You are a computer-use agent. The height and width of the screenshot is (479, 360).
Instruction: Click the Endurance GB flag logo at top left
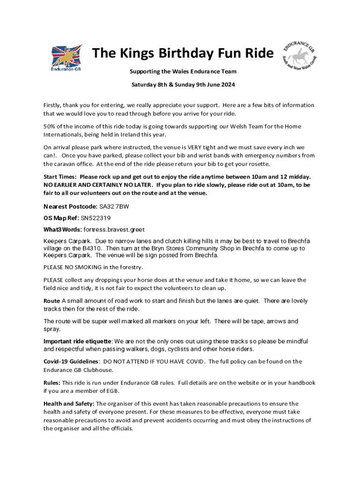coord(66,59)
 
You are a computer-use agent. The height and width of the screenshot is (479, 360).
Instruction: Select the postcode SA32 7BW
coord(115,206)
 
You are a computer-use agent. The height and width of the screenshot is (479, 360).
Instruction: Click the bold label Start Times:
coord(60,177)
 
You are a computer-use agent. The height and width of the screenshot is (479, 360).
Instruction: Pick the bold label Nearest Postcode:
coord(71,206)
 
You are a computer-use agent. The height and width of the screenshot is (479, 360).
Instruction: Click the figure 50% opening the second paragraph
coord(50,126)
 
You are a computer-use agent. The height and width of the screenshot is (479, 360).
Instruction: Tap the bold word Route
coord(51,301)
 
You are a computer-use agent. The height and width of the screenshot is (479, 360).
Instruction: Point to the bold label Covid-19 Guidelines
coord(71,362)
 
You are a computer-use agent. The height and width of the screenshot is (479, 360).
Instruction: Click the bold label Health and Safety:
coord(69,404)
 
